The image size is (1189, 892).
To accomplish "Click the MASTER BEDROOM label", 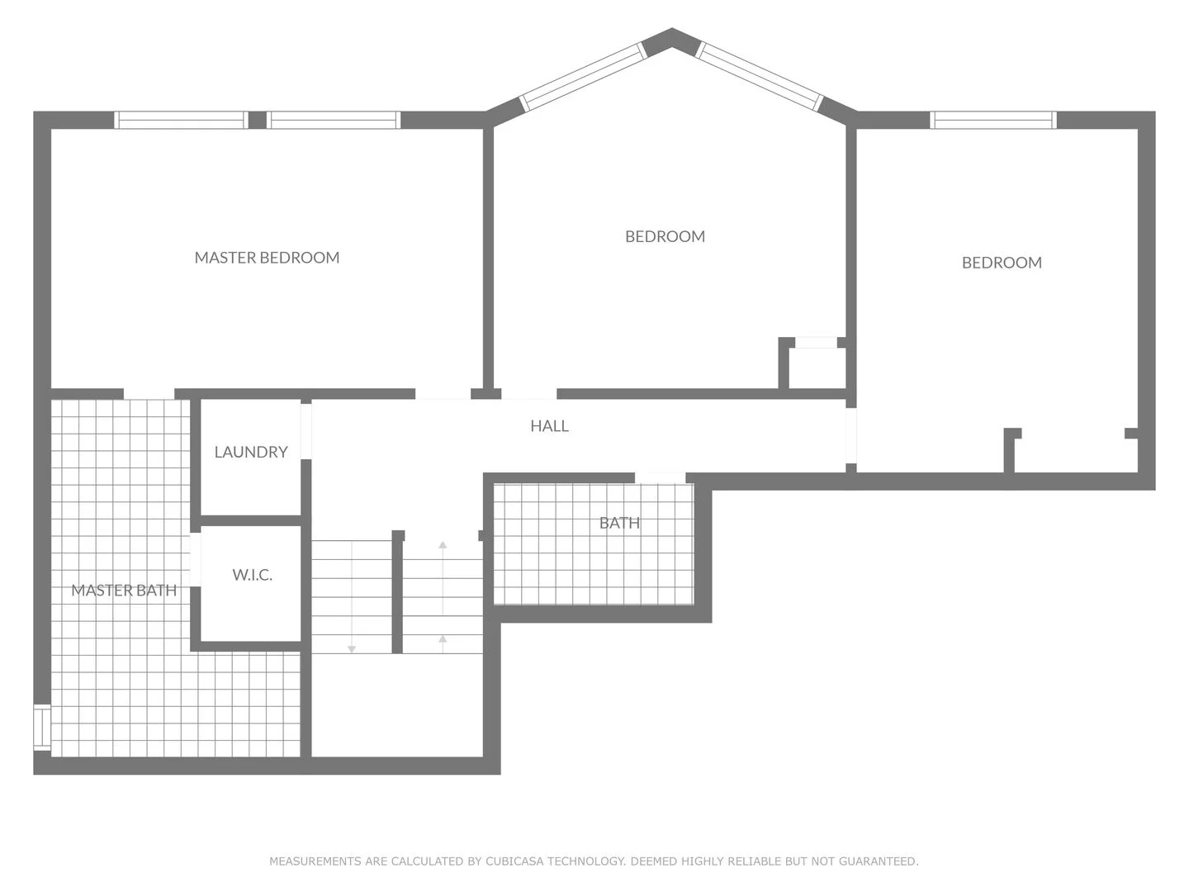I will tap(267, 258).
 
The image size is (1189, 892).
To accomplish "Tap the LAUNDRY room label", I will tap(251, 452).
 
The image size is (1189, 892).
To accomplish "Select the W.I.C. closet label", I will tap(252, 575).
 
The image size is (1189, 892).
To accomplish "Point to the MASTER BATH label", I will tap(124, 590).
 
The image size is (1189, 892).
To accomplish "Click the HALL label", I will tap(549, 426).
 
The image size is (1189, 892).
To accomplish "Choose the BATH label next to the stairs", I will tap(619, 523).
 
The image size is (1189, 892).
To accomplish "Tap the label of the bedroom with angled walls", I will tap(665, 236).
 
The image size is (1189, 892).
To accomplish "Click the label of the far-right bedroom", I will tap(1002, 263).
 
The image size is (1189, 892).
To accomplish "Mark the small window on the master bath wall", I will tap(41, 728).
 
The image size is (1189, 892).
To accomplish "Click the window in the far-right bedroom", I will tap(993, 120).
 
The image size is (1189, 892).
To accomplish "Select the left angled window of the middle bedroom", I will tap(583, 76).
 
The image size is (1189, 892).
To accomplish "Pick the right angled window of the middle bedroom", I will tap(760, 76).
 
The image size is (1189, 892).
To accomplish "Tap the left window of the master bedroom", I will tap(181, 120).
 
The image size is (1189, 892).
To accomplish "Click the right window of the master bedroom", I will tap(334, 120).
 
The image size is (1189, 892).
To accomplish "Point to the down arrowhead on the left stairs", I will tap(352, 649).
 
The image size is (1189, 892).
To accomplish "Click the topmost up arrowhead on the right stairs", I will tap(443, 545).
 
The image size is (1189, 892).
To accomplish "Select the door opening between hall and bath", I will tap(660, 477).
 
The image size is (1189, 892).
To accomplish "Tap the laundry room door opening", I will tap(306, 430).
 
